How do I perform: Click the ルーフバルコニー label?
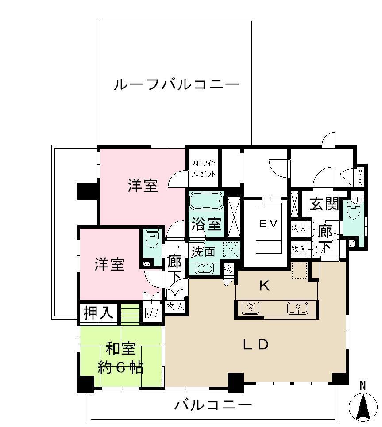click(x=176, y=84)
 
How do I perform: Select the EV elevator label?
click(x=268, y=224)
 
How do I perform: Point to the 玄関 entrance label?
click(x=324, y=204)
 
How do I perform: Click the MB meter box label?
click(x=360, y=176)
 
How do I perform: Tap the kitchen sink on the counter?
click(x=297, y=308)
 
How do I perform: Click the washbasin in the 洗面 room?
click(x=205, y=268)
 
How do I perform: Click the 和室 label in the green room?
click(x=120, y=349)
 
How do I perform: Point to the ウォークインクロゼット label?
click(x=203, y=168)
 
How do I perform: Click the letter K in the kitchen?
click(x=264, y=286)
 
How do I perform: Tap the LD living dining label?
click(x=255, y=345)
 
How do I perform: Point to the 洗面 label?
click(x=203, y=252)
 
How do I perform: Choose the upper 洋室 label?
click(x=143, y=186)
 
